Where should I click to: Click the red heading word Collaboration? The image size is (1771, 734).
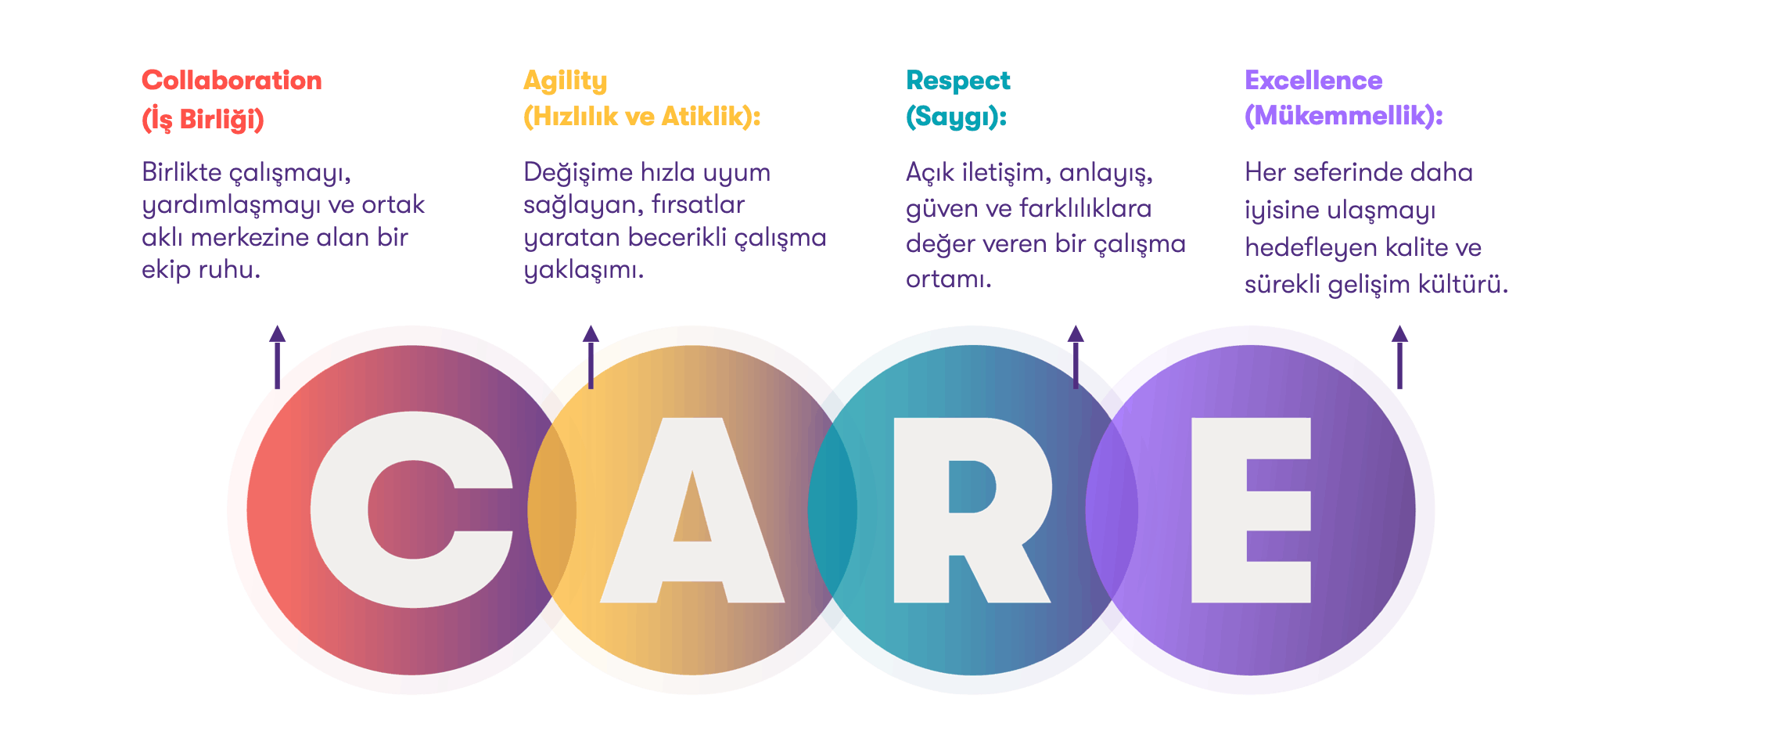(232, 80)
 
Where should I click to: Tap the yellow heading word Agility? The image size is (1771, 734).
(565, 81)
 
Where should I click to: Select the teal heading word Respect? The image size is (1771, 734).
(958, 81)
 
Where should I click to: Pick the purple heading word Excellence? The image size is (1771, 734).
(1313, 80)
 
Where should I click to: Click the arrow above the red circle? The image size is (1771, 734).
(277, 357)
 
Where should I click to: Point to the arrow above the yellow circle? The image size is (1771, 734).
(591, 357)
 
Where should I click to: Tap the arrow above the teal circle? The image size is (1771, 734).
(1076, 357)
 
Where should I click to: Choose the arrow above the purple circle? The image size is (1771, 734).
(1399, 357)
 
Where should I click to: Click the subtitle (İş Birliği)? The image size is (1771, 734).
(203, 119)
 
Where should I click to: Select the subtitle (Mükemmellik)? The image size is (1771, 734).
(1344, 116)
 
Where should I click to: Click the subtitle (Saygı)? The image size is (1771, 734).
(957, 117)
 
